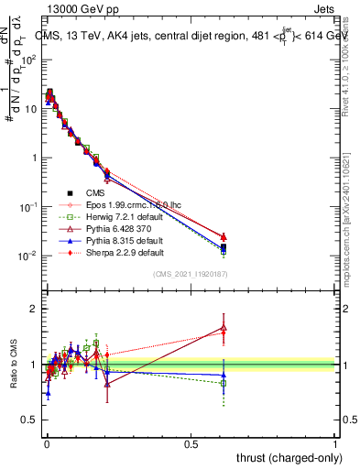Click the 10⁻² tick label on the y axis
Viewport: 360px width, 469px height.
(28, 256)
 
